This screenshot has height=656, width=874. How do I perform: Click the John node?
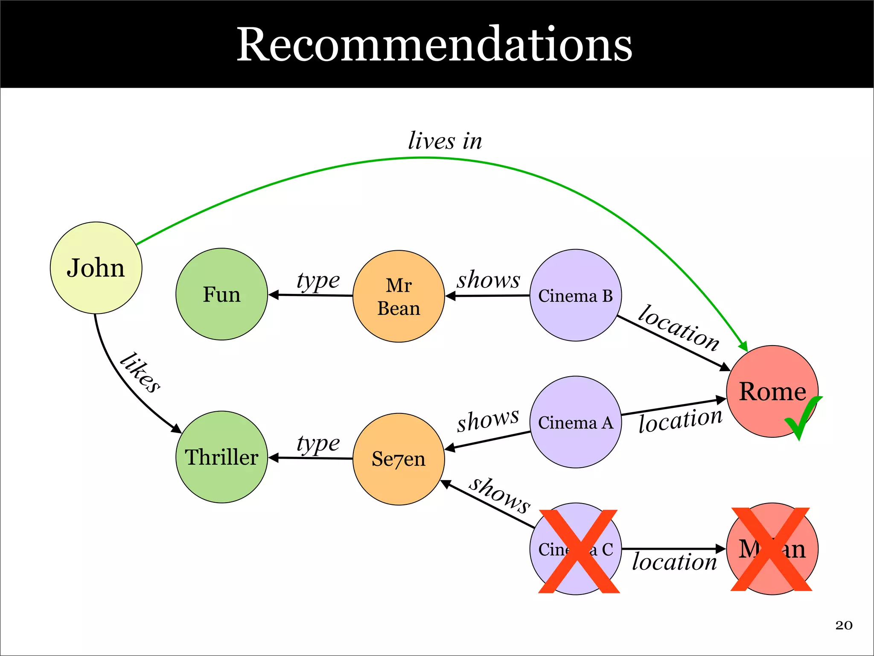(x=96, y=268)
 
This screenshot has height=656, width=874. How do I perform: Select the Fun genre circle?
(x=221, y=294)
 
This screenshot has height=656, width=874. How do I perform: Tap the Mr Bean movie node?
(x=399, y=296)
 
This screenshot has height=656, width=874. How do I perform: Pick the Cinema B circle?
(x=575, y=296)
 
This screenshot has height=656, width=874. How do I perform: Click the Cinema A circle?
(x=575, y=422)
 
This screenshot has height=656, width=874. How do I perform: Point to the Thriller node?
(x=221, y=457)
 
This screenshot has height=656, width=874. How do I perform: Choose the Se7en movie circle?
(x=399, y=459)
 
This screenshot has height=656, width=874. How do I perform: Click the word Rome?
(x=772, y=391)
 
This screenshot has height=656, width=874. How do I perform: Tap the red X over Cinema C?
(x=579, y=551)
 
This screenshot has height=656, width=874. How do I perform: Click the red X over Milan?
(x=771, y=550)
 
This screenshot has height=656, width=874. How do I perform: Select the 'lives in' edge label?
(x=445, y=141)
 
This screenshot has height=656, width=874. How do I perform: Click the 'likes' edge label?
(x=140, y=372)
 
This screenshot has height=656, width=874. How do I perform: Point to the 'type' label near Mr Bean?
(x=318, y=281)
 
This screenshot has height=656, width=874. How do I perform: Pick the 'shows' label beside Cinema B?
(x=489, y=280)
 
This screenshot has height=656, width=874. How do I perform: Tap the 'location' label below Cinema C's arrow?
(x=674, y=562)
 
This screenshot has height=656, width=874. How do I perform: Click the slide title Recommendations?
(x=434, y=44)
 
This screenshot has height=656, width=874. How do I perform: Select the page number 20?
(x=844, y=625)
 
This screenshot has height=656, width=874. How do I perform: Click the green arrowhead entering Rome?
(x=743, y=346)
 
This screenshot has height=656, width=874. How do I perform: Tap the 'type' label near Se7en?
(x=318, y=443)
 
